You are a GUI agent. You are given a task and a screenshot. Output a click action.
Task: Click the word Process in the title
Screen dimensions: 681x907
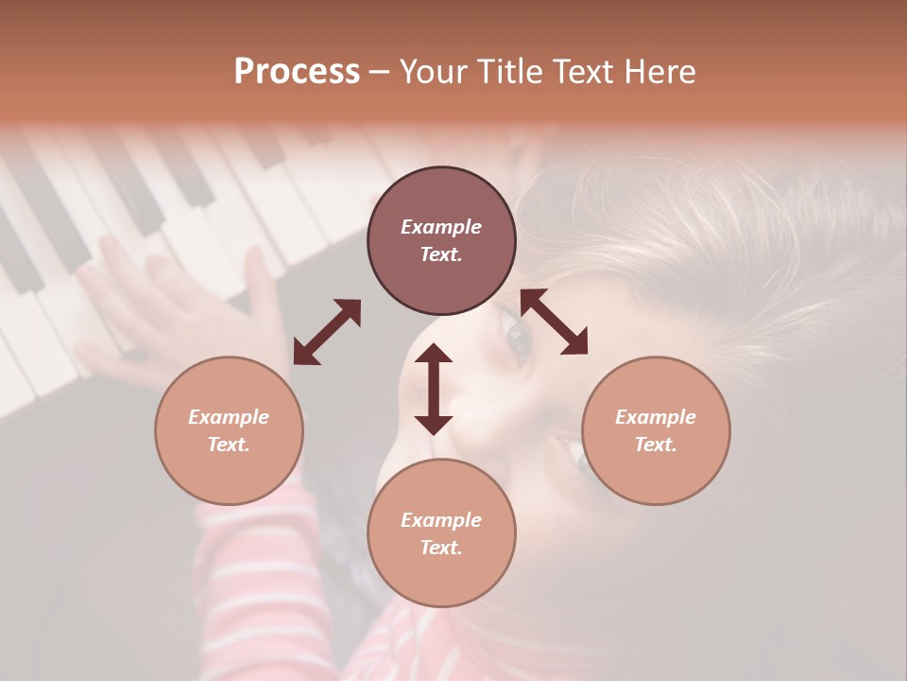297,72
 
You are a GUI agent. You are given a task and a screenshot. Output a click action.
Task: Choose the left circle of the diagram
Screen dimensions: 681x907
229,430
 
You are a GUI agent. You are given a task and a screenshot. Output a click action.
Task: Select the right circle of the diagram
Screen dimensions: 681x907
656,430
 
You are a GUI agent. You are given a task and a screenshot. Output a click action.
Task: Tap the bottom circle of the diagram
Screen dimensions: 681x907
441,533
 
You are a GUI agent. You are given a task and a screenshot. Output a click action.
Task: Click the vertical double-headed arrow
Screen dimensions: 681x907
434,389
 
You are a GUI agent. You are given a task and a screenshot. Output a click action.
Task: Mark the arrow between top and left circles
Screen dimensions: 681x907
327,331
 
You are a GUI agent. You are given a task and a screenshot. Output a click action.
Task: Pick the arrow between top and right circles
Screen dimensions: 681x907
554,322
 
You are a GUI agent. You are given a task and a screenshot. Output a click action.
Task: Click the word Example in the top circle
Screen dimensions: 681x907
441,227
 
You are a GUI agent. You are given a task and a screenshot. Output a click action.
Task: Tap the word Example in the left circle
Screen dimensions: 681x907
229,417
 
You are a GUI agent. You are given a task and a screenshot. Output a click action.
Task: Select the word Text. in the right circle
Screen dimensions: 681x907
656,445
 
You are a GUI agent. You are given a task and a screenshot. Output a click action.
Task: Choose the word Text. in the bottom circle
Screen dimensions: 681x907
441,548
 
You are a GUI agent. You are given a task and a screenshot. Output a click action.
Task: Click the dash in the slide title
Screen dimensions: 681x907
380,73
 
